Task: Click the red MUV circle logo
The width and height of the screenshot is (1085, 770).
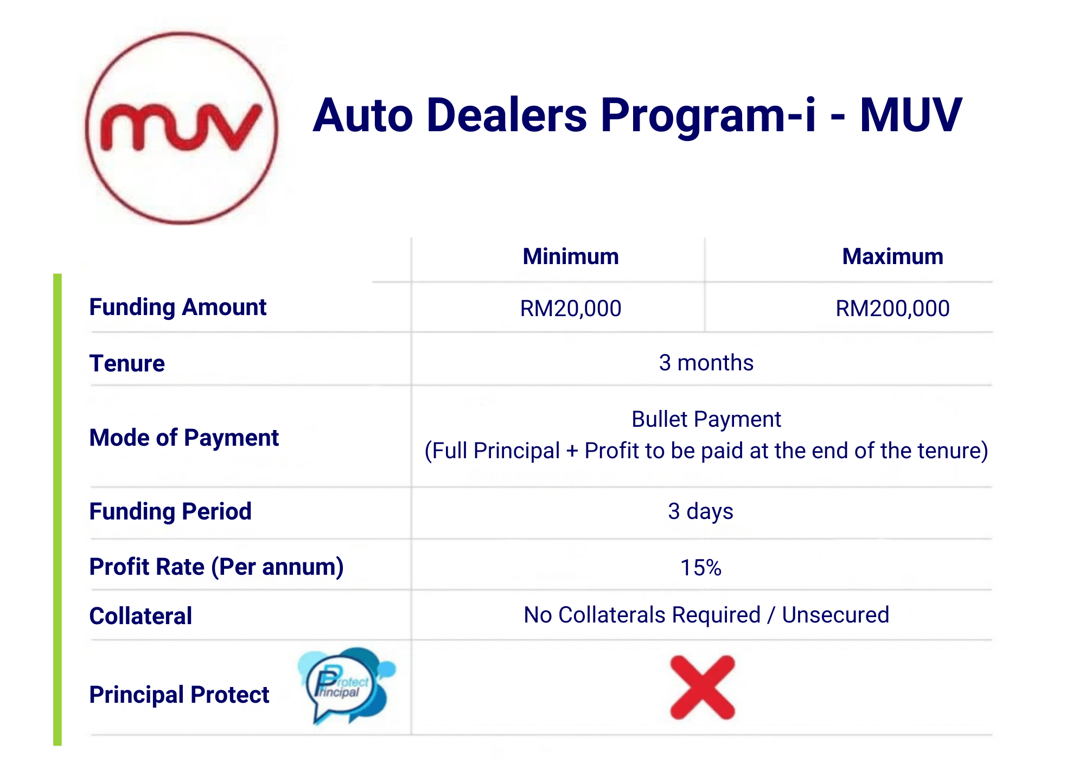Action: coord(182,128)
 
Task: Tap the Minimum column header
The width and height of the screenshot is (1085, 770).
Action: coord(571,256)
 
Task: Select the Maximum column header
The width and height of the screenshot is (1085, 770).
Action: coord(892,256)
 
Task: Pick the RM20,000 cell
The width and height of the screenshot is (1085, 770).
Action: coord(571,309)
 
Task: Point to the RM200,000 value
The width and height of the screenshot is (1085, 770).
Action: coord(892,309)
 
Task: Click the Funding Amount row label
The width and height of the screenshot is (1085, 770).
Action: coord(178,307)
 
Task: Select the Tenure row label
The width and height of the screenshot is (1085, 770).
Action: coord(127,363)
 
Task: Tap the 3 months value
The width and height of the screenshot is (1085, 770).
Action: coord(706,363)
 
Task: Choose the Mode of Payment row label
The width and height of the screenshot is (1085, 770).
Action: coord(184,438)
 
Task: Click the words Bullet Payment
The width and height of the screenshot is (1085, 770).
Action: coord(706,419)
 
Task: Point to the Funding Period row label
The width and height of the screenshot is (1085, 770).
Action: coord(170,511)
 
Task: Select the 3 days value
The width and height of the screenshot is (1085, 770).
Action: coord(700,511)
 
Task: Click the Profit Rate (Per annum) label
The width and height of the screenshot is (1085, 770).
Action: coord(216,567)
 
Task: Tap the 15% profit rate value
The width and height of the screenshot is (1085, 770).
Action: coord(701,568)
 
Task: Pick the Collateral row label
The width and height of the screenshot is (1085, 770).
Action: coord(141,616)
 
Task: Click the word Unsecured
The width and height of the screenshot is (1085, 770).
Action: coord(835,615)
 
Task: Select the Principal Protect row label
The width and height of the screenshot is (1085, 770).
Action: coord(179,695)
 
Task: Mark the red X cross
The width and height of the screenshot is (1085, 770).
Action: coord(703,688)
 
